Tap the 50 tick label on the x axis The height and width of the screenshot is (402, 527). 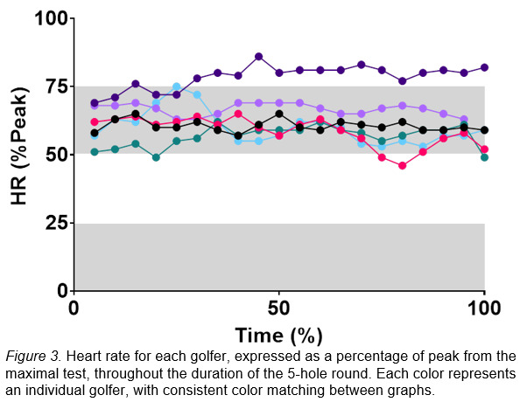[x=278, y=308]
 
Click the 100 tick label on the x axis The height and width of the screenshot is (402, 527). [x=484, y=308]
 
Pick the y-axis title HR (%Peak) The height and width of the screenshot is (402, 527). [x=19, y=154]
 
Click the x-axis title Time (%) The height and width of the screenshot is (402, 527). [x=278, y=336]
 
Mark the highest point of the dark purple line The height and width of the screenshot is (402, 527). [x=258, y=56]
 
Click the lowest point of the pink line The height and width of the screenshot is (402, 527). [x=403, y=165]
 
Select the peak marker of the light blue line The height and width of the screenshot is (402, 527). [x=177, y=87]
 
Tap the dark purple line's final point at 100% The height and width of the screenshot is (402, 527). [x=484, y=67]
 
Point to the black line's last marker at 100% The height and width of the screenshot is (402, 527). [x=484, y=129]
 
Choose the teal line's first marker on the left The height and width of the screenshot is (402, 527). [x=95, y=151]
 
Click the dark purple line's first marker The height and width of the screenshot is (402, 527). [x=95, y=102]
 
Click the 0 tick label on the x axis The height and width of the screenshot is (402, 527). [x=74, y=308]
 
